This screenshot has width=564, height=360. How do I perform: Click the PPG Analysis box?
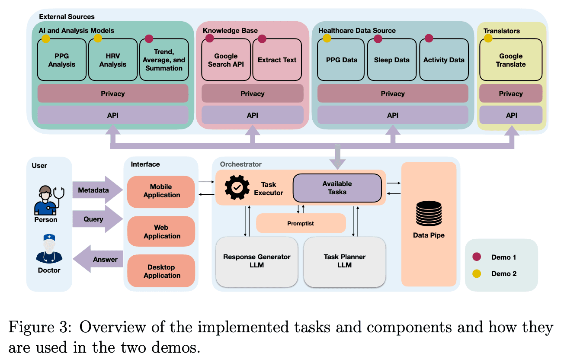point(62,60)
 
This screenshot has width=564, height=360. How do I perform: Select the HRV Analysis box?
point(113,60)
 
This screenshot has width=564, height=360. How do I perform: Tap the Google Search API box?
point(226,60)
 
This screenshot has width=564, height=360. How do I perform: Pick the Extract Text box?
point(277,60)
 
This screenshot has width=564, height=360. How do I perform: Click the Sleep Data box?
point(392,60)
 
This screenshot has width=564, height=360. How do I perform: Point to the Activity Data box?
point(444,60)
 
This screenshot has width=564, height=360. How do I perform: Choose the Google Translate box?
point(511,60)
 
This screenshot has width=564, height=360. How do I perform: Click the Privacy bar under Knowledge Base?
point(252,93)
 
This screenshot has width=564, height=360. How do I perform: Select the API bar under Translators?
point(511,115)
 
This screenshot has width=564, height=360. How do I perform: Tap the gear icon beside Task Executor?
point(237,187)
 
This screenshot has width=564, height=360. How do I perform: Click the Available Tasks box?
point(337,188)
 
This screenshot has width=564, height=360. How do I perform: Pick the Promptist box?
point(301,223)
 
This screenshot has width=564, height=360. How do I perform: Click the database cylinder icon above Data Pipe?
point(429,213)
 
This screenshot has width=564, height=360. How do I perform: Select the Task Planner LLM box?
point(345,261)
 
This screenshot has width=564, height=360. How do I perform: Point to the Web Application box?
point(161,231)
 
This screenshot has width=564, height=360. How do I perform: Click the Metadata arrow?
point(98,190)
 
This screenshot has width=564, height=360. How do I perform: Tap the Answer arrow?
point(98,259)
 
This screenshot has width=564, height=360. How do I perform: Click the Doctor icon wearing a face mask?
point(49,249)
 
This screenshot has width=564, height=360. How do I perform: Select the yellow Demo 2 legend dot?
point(476,273)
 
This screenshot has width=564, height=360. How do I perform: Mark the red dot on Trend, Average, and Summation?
point(149,39)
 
